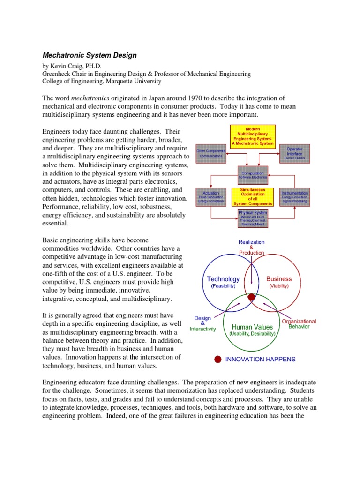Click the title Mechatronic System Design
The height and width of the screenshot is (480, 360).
click(x=90, y=55)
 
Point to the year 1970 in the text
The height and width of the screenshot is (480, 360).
click(x=193, y=98)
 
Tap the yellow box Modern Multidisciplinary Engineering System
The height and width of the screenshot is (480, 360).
click(x=253, y=136)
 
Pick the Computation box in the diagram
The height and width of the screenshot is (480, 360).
click(x=253, y=175)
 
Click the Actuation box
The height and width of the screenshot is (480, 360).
click(x=211, y=196)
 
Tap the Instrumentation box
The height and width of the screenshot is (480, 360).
click(x=294, y=196)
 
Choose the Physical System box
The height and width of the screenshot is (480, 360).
click(x=253, y=218)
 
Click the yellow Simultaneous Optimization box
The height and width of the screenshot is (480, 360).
click(x=253, y=196)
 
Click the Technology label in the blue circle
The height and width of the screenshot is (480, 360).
click(x=223, y=279)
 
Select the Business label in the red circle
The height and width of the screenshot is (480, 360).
click(x=279, y=279)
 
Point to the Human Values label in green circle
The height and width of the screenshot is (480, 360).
click(x=252, y=327)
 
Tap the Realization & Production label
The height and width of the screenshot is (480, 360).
click(x=251, y=247)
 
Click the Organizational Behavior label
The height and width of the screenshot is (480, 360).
click(x=299, y=323)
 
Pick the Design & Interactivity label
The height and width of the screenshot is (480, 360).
click(x=202, y=323)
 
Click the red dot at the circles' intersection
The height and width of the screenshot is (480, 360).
click(x=252, y=297)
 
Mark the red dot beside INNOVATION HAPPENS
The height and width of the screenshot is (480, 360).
click(x=217, y=360)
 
